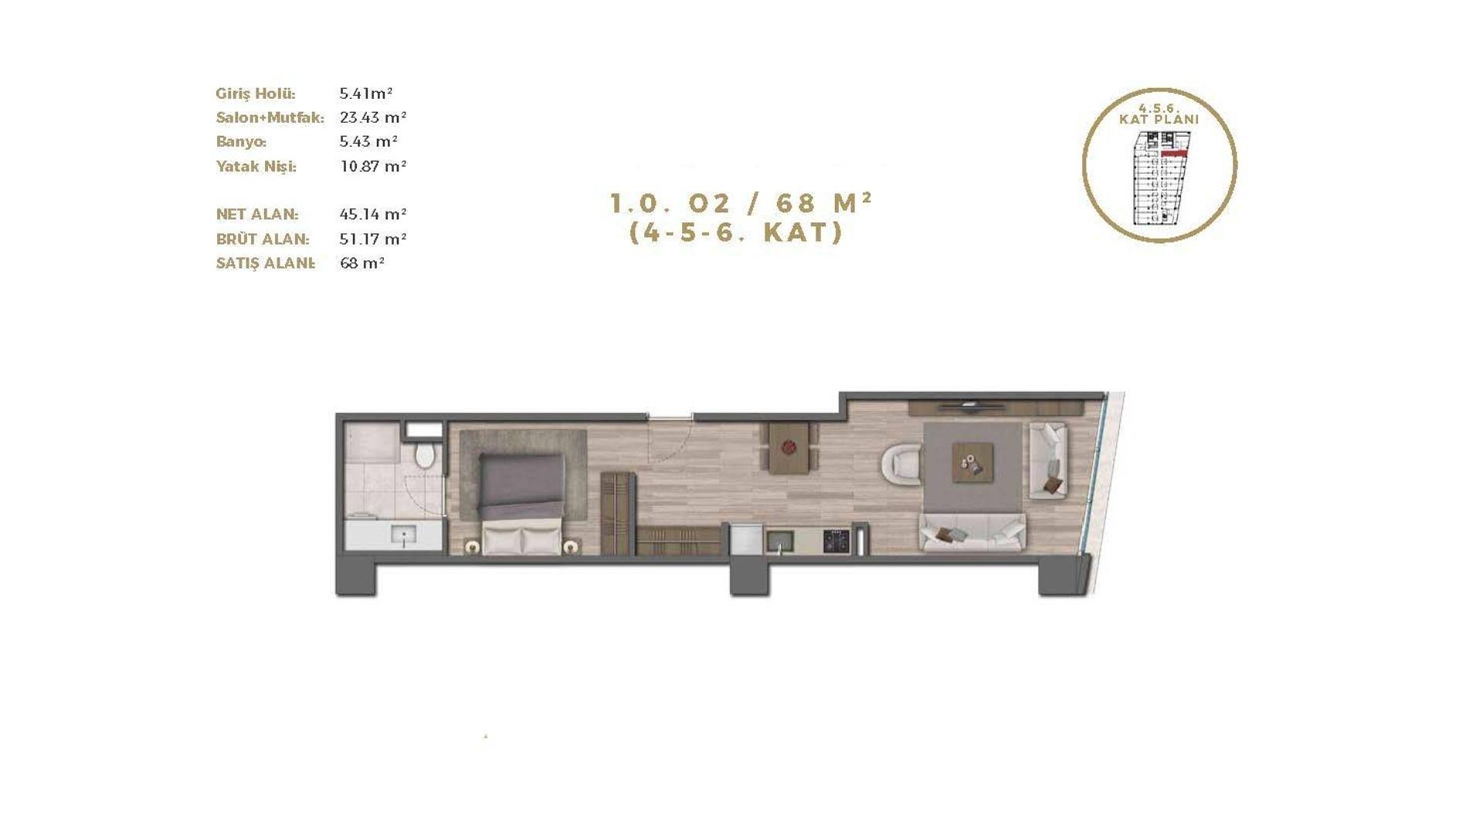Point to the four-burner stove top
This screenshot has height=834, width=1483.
point(836,541)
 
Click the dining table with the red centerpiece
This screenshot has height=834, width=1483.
point(789,447)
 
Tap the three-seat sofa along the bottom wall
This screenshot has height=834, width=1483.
point(972,532)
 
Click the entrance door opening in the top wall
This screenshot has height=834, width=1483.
point(670,418)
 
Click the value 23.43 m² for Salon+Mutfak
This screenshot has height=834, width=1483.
point(373,117)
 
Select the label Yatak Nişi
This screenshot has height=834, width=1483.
point(256,166)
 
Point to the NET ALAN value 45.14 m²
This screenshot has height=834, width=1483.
point(373,214)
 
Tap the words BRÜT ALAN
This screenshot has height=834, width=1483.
point(263,239)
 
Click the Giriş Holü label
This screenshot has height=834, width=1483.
point(256,93)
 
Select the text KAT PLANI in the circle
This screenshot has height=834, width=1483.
point(1159,120)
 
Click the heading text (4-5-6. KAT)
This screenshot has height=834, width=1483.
point(736,232)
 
